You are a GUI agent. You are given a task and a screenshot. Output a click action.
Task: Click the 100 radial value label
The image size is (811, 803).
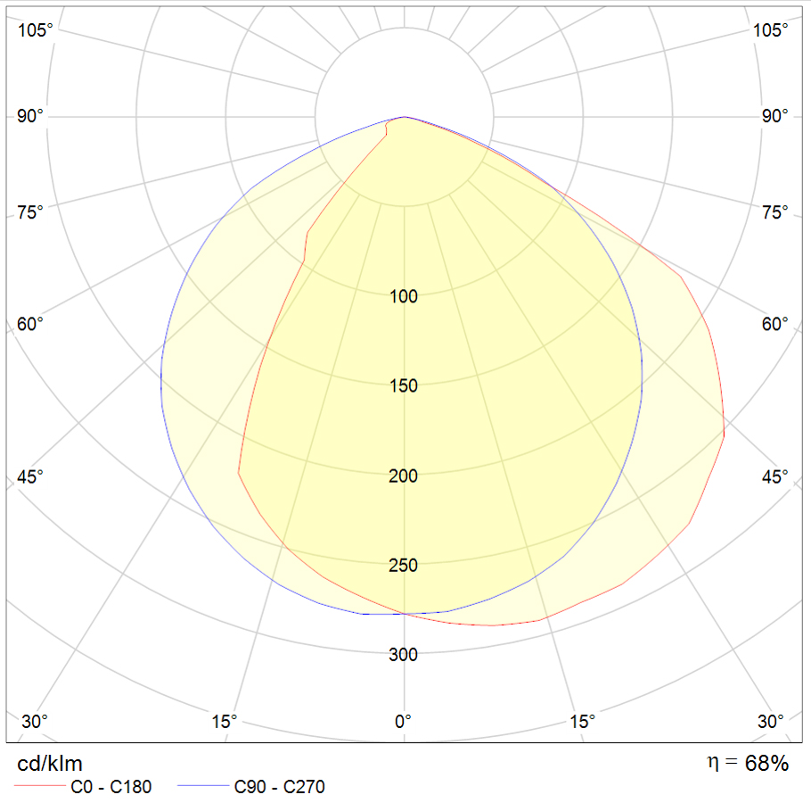(x=404, y=296)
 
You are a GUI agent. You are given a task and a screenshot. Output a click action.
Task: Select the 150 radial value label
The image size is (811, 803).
(x=404, y=386)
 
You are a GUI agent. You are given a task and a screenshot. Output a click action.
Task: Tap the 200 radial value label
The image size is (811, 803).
(x=404, y=476)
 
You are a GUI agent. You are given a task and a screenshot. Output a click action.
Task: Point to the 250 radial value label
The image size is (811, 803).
(x=404, y=566)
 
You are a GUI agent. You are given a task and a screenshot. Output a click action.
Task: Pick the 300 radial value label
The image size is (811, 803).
(x=404, y=655)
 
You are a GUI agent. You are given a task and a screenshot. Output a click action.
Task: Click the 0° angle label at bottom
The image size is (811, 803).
(x=404, y=721)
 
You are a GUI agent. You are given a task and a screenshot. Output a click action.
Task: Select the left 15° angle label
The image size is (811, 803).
(x=225, y=721)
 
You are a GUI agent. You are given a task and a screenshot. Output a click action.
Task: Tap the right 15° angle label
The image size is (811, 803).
(x=583, y=721)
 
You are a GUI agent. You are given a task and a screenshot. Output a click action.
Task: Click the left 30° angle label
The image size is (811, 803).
(x=35, y=721)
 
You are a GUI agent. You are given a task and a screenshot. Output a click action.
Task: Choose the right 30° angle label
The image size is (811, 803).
(x=774, y=721)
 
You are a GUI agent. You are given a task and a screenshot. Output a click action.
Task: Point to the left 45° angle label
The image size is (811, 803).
(x=30, y=477)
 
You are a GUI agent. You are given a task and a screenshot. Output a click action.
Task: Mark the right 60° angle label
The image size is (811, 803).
(x=775, y=324)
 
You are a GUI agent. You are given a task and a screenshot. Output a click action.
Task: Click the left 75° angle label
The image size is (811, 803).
(x=30, y=212)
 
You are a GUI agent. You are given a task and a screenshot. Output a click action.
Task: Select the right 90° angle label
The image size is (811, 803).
(x=775, y=117)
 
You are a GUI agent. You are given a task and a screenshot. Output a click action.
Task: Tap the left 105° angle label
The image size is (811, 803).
(x=35, y=30)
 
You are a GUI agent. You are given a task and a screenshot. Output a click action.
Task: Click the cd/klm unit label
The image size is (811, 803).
(x=50, y=764)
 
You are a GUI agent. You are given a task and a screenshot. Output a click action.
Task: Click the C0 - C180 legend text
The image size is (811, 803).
(x=111, y=787)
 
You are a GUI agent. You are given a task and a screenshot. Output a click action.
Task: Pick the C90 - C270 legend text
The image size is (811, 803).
(x=279, y=787)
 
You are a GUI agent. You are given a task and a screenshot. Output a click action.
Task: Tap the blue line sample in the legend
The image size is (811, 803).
(x=202, y=787)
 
